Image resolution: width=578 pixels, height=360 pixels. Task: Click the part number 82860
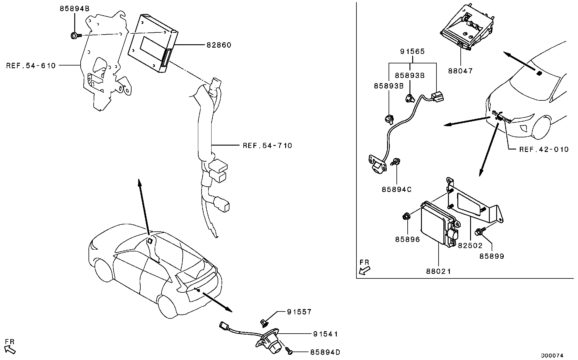[219, 45]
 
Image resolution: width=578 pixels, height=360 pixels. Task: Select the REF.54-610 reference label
[31, 66]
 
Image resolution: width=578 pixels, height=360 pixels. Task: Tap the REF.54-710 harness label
[267, 146]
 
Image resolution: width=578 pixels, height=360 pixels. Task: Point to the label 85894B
[74, 9]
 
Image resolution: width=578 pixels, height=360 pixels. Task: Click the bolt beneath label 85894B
[76, 36]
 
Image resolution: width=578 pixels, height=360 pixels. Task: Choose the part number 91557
[299, 312]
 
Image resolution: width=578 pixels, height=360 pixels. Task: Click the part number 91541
[326, 334]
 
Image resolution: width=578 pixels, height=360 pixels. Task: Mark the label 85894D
[325, 352]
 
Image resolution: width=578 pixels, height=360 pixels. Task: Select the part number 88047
[460, 71]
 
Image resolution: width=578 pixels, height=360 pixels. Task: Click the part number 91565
[412, 52]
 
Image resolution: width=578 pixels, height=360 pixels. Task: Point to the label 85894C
[396, 190]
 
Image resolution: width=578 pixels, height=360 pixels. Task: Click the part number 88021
[439, 271]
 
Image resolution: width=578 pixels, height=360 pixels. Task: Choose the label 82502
[470, 246]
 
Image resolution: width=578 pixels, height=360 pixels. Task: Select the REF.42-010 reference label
[544, 150]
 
